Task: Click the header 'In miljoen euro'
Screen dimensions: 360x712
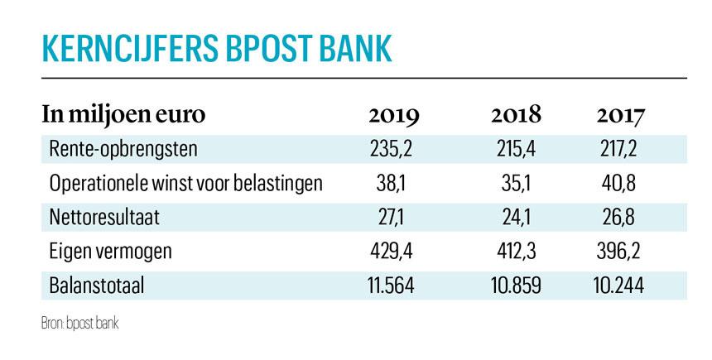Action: [123, 115]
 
